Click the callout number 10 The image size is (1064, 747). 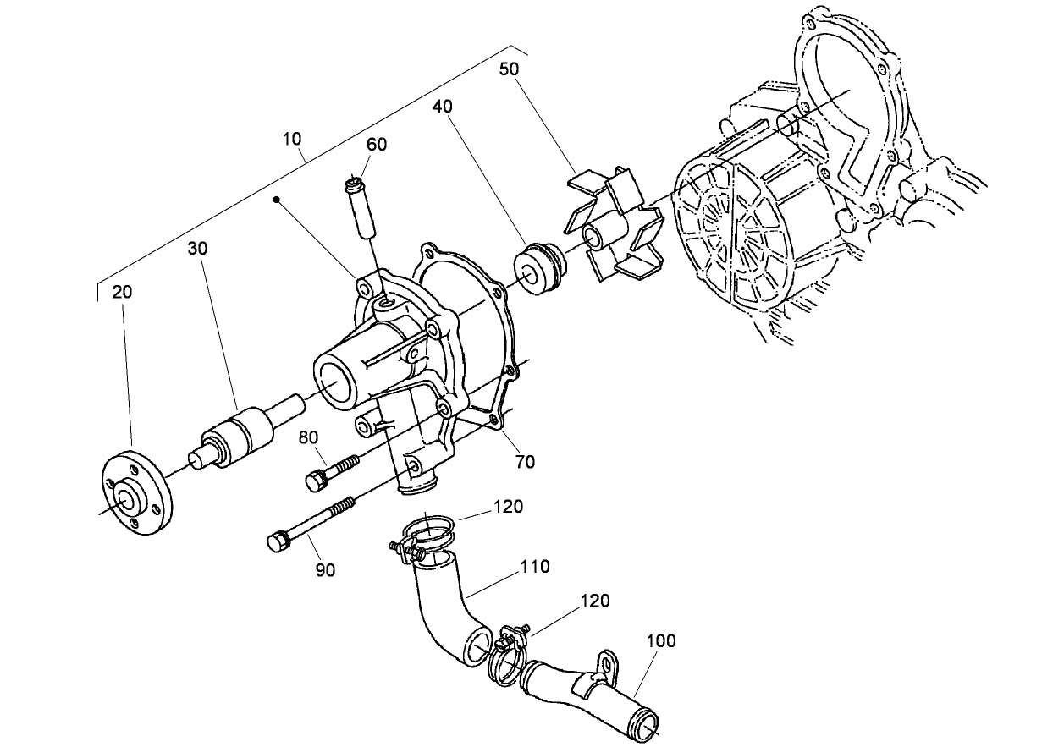[293, 138]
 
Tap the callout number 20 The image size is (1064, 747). [122, 292]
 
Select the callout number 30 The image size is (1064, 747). [198, 249]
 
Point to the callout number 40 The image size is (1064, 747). [443, 107]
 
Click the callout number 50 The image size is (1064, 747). [510, 69]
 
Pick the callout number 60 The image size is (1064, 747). [377, 145]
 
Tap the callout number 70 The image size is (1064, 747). [525, 462]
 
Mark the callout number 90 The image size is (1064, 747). [325, 570]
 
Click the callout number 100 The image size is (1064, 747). [661, 640]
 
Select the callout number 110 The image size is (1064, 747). [536, 567]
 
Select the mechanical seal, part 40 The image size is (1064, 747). [539, 269]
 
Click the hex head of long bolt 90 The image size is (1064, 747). [277, 541]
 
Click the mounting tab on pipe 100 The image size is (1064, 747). [606, 665]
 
